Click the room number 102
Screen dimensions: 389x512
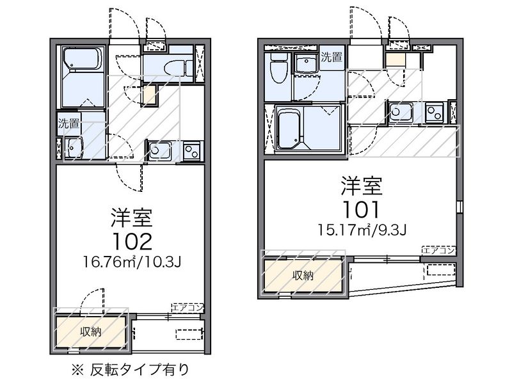click(x=132, y=241)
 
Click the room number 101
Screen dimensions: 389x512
click(x=362, y=209)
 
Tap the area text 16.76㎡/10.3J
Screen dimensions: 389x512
click(x=132, y=262)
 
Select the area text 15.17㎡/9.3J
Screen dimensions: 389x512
click(x=362, y=229)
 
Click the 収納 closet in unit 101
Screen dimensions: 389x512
click(x=303, y=276)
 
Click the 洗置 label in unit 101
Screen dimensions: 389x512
click(x=331, y=57)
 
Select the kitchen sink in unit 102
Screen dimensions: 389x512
click(x=157, y=151)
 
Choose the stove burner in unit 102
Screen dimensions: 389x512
click(x=191, y=151)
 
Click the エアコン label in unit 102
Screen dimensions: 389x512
click(x=188, y=308)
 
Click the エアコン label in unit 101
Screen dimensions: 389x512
click(x=438, y=250)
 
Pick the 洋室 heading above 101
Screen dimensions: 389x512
click(x=362, y=186)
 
